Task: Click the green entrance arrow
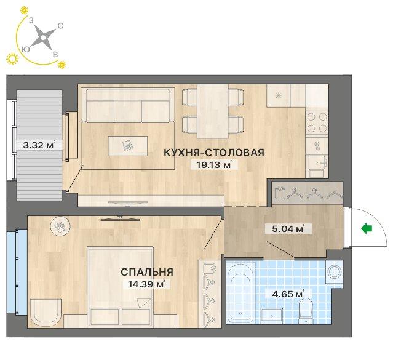[x=367, y=229]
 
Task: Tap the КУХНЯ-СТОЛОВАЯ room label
[x=214, y=153]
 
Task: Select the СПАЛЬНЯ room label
[x=147, y=272]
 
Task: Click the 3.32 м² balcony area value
[x=39, y=145]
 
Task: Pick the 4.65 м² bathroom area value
[x=288, y=294]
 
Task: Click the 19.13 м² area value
[x=214, y=165]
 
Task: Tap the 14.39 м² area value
[x=146, y=284]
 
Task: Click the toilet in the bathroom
[x=306, y=311]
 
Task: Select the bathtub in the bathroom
[x=240, y=292]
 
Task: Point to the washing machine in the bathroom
[x=334, y=272]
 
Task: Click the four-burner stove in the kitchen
[x=317, y=122]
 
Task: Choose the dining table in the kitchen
[x=213, y=111]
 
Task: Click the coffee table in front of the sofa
[x=127, y=146]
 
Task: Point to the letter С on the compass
[x=60, y=26]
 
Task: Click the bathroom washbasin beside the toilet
[x=271, y=316]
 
